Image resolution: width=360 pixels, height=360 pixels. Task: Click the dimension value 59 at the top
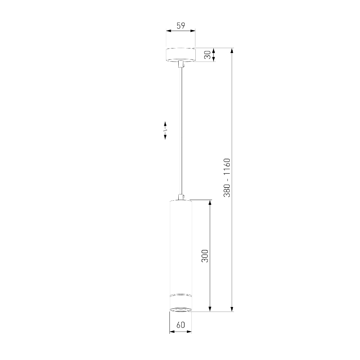pyautogui.click(x=181, y=26)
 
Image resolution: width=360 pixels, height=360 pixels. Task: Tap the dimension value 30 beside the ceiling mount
pyautogui.click(x=207, y=55)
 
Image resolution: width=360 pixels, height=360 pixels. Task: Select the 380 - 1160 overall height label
pyautogui.click(x=227, y=178)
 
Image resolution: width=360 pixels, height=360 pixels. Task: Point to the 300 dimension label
pyautogui.click(x=205, y=256)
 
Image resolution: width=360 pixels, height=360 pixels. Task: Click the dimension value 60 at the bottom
pyautogui.click(x=181, y=325)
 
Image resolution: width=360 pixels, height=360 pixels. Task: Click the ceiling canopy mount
pyautogui.click(x=181, y=55)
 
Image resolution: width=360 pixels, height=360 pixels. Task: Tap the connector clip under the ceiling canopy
pyautogui.click(x=181, y=64)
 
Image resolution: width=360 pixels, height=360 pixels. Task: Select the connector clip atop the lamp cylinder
pyautogui.click(x=181, y=197)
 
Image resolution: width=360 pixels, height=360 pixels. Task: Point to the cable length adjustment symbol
pyautogui.click(x=165, y=131)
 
